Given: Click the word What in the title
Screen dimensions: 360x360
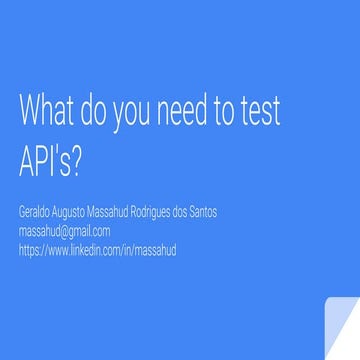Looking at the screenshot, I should coord(47,112).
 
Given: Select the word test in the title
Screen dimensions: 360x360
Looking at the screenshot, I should coord(259,112).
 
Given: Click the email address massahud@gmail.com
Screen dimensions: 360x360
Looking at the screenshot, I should coord(64,230).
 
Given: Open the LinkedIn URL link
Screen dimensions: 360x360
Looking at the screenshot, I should coord(97,250).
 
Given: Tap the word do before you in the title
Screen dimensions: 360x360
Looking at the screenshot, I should coord(93,112).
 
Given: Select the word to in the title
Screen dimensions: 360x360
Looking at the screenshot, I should coord(224,112).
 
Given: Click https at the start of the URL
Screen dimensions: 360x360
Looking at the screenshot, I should coord(28,250).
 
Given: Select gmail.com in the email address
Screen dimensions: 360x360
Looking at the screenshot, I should coord(89,230).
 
